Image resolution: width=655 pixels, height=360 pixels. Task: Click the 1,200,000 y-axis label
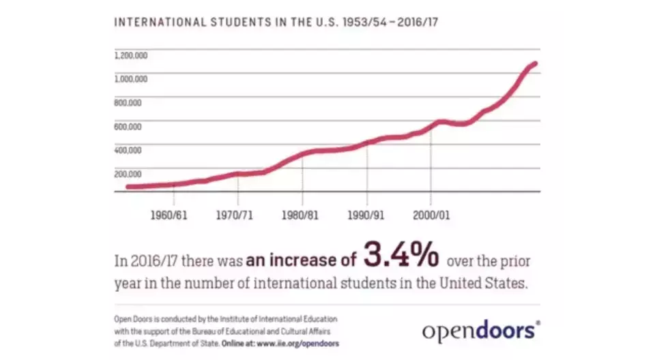click(130, 55)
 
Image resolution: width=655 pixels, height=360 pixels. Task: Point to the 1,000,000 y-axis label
click(130, 78)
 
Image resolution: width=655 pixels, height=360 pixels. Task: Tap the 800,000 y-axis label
click(128, 102)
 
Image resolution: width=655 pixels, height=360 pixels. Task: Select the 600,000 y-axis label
click(128, 126)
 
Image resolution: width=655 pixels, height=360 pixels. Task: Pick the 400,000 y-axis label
click(128, 149)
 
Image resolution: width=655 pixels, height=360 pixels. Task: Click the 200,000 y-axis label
click(128, 173)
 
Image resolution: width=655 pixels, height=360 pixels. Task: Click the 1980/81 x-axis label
click(300, 215)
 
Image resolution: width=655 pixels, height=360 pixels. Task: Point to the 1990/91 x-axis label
click(366, 215)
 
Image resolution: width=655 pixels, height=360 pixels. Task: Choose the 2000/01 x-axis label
click(431, 215)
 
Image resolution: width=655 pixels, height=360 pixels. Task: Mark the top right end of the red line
click(535, 64)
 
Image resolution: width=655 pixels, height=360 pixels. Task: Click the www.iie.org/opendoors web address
click(297, 343)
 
